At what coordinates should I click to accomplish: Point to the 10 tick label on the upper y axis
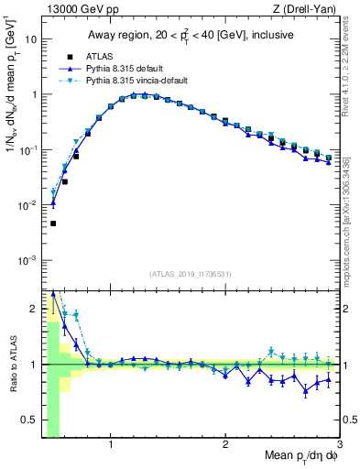tap(31, 39)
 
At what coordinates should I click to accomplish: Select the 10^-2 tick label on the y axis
tap(29, 205)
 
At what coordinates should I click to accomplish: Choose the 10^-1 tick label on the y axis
tap(29, 150)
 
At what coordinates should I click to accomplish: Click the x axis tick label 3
tap(339, 446)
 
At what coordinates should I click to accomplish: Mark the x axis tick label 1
tap(111, 446)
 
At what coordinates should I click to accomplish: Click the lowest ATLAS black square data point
tap(53, 224)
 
